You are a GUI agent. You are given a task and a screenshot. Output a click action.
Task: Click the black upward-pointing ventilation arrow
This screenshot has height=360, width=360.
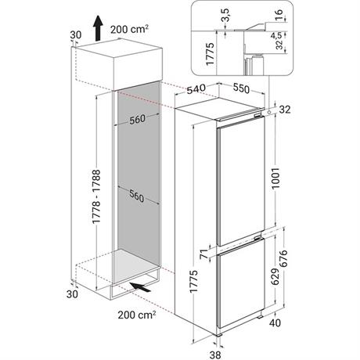98,28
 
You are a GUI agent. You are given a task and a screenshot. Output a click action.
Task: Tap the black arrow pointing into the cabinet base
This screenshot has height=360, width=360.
141,286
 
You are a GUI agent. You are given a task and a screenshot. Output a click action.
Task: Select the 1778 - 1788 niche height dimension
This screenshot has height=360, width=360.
96,196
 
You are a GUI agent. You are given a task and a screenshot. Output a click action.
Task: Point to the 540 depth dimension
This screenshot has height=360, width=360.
196,89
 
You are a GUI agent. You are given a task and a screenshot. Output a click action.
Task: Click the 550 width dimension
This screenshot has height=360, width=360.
241,88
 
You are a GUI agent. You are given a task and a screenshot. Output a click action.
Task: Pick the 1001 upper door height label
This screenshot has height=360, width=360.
275,178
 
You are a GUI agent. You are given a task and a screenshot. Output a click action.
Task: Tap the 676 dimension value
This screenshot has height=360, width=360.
283,258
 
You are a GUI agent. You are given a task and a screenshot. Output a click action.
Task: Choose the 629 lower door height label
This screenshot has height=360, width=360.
275,276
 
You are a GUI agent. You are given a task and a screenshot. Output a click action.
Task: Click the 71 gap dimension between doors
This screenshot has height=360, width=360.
205,254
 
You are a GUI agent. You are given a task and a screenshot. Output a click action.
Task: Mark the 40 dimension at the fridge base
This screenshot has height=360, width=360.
275,322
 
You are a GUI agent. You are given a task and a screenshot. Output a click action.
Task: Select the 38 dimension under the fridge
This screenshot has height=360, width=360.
215,355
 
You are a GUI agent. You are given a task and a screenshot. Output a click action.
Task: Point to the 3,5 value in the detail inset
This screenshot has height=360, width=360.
226,15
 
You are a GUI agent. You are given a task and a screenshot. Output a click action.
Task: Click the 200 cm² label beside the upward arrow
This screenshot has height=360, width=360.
130,29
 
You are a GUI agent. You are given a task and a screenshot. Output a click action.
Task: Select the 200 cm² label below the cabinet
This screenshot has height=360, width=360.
137,315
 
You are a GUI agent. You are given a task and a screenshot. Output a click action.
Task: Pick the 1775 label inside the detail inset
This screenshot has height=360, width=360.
210,54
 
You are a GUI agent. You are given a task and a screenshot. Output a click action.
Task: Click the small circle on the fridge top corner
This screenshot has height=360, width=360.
269,112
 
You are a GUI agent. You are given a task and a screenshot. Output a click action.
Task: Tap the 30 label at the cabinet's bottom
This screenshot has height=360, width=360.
72,294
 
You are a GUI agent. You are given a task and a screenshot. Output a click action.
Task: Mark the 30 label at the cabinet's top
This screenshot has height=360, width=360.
76,34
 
